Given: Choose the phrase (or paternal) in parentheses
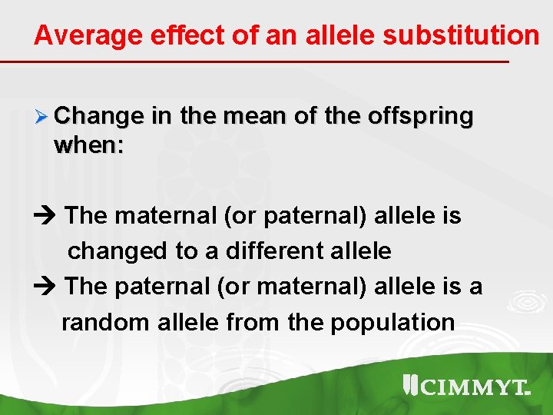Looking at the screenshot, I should [x=295, y=216].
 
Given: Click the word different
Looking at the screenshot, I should [x=271, y=251].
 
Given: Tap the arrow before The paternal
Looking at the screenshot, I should [x=45, y=287].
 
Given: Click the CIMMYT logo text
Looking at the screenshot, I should [x=473, y=387].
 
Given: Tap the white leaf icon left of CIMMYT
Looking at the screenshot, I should [x=409, y=385].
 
